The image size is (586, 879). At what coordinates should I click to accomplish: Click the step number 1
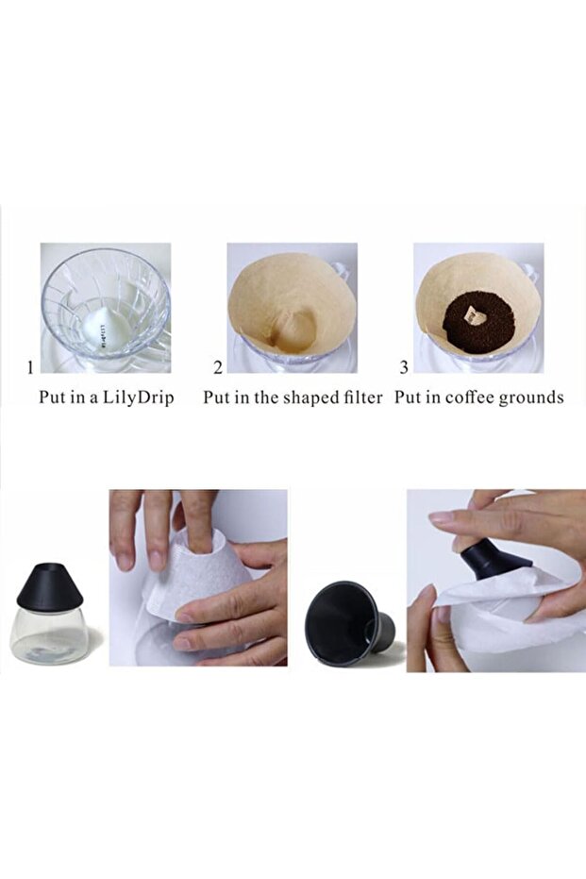(29, 367)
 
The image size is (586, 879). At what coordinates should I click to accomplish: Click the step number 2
(218, 367)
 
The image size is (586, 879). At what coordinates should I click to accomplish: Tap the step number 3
(404, 367)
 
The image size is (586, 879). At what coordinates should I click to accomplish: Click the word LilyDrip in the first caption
(142, 397)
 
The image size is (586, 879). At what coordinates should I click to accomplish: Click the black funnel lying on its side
(354, 615)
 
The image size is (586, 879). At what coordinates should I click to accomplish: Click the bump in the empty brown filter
(292, 326)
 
